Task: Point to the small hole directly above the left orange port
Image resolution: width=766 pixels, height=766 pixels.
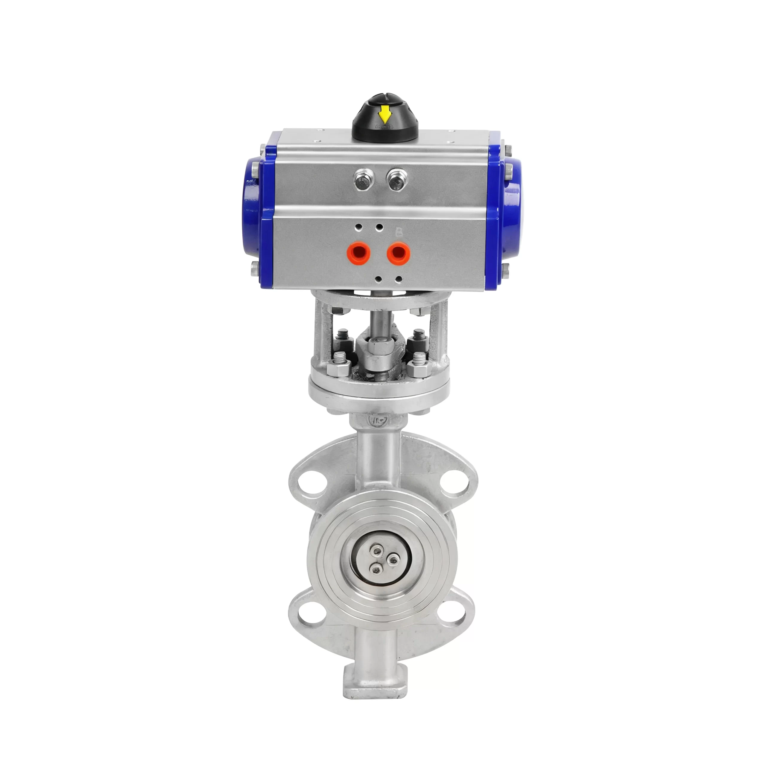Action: click(x=359, y=228)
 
